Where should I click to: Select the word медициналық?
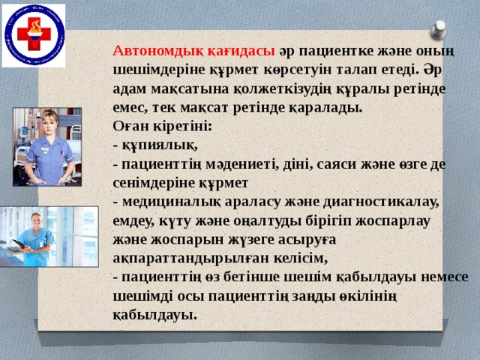162,202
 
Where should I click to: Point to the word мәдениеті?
250,163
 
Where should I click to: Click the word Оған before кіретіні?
130,126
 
